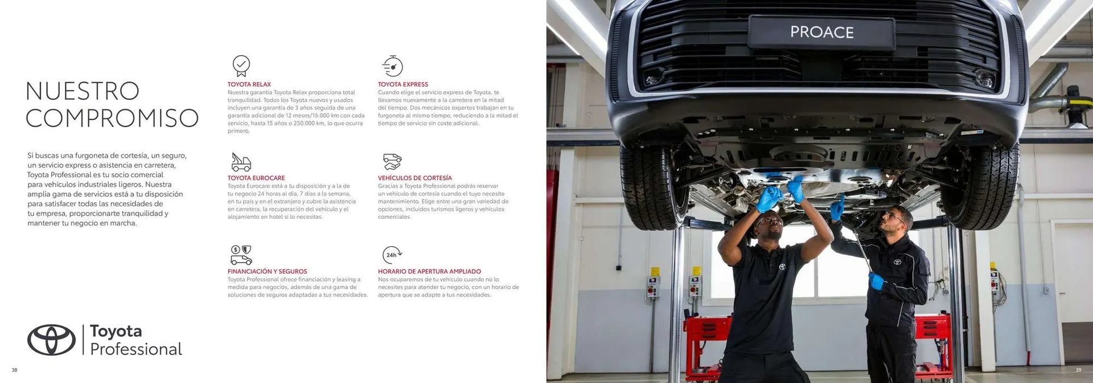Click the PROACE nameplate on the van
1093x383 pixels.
[x=821, y=32]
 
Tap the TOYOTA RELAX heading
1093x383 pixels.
[x=249, y=84]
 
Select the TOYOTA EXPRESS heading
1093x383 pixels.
[x=403, y=84]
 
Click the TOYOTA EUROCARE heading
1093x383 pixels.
[x=256, y=178]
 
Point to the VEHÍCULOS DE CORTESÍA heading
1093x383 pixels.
[x=415, y=178]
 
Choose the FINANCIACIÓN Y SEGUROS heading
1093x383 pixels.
[x=268, y=271]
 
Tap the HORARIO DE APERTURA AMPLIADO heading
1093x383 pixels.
[x=430, y=271]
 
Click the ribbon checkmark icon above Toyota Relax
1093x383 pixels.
[x=241, y=66]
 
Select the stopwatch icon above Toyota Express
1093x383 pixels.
[x=392, y=66]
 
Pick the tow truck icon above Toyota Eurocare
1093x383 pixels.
[x=241, y=162]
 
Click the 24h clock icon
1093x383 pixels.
[x=393, y=255]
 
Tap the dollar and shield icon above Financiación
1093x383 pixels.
[x=241, y=255]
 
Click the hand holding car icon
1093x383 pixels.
[x=392, y=162]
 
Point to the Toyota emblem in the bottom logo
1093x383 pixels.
[x=51, y=340]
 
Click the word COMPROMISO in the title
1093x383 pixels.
[x=112, y=118]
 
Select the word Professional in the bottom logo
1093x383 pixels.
[x=136, y=349]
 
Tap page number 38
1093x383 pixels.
[x=14, y=370]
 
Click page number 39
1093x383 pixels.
[x=1078, y=370]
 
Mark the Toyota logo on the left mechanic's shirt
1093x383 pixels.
[x=782, y=266]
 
